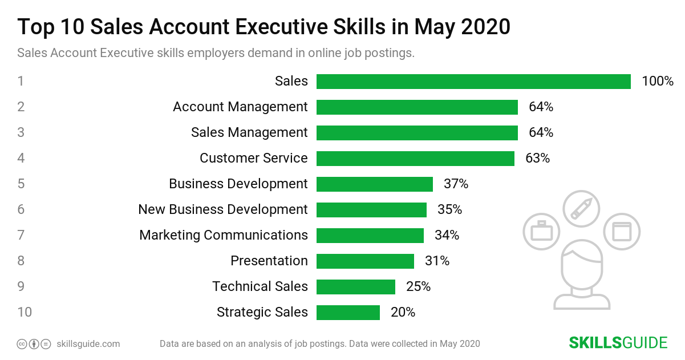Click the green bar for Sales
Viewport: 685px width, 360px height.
[x=473, y=82]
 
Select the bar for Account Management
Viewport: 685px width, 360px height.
[x=417, y=107]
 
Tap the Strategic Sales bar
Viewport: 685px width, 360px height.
[x=348, y=313]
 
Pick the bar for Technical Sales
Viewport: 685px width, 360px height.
[x=356, y=287]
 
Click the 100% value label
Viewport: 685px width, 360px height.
[x=658, y=82]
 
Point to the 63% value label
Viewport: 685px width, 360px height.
[x=537, y=159]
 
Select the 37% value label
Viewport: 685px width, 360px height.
[x=456, y=184]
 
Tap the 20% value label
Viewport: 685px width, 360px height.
[x=403, y=313]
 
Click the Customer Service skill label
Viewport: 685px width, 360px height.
[x=253, y=159]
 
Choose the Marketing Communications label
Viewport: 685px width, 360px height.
[x=224, y=236]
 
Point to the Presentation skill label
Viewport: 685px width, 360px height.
[x=269, y=261]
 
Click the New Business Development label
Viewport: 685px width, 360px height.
[x=222, y=210]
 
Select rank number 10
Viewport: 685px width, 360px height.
[x=25, y=313]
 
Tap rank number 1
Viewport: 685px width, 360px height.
[x=21, y=82]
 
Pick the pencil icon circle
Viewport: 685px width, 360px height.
[x=581, y=209]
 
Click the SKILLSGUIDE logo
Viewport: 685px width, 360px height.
[x=618, y=343]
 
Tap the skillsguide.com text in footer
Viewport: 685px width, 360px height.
[x=88, y=344]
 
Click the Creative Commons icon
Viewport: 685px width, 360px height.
[x=22, y=344]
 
